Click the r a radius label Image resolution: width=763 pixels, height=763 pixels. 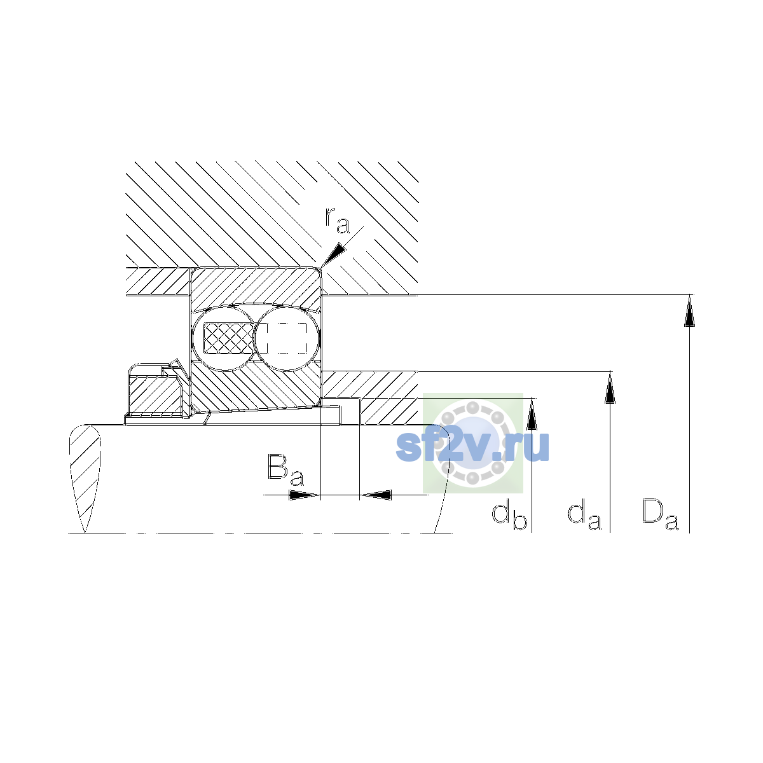(x=337, y=220)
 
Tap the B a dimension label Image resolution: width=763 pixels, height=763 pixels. (x=285, y=470)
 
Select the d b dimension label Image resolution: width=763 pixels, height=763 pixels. (x=509, y=514)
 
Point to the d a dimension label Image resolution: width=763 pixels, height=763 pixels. (x=584, y=514)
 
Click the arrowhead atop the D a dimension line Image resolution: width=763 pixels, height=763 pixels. (x=689, y=310)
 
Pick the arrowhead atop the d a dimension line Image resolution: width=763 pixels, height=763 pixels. (x=610, y=388)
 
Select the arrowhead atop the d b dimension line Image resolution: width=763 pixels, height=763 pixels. (x=532, y=414)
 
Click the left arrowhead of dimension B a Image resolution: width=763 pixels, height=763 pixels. (x=304, y=495)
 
